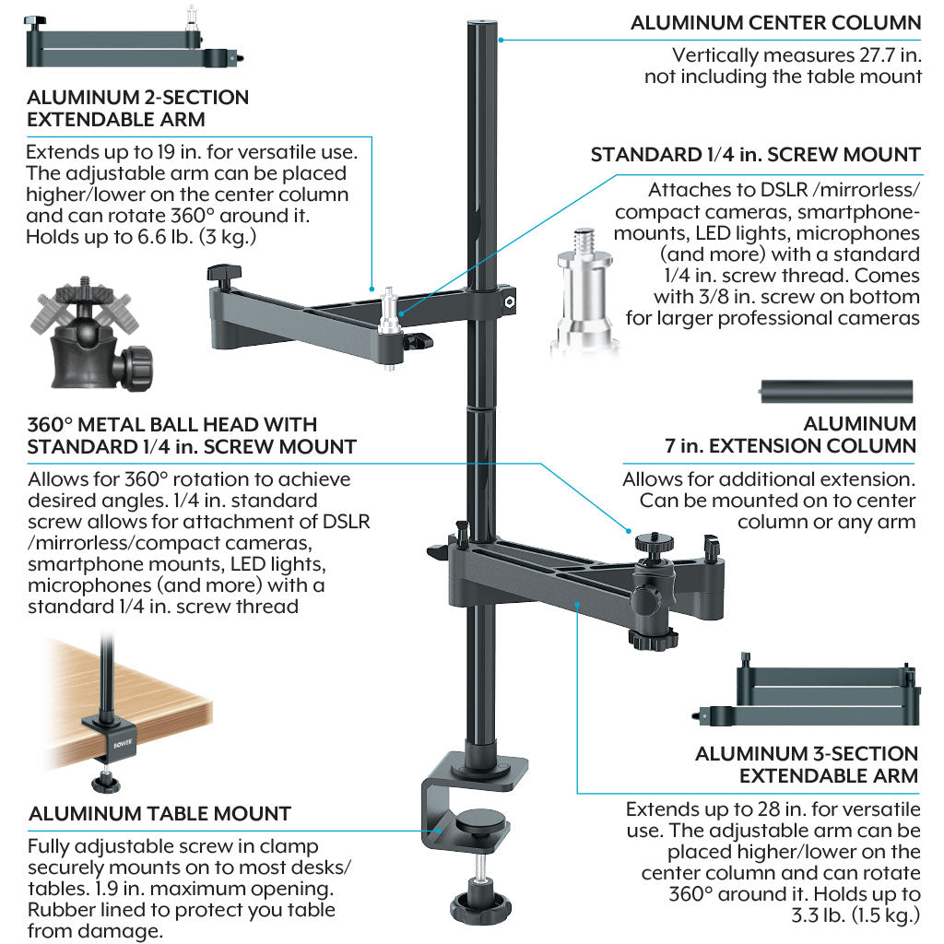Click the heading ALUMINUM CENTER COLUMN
[775, 23]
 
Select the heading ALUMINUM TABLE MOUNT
[159, 813]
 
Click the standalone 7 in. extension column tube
[835, 391]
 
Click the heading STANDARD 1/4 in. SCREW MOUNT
[755, 155]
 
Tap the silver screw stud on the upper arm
[391, 313]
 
